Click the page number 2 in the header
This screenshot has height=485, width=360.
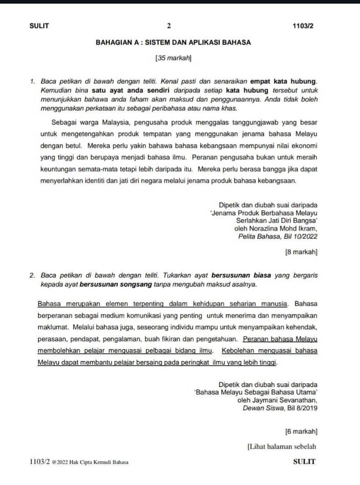point(168,26)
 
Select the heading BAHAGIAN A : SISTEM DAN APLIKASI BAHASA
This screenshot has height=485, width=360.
point(173,42)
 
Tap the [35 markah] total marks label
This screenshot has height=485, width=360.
point(173,58)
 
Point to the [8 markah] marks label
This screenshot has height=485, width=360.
point(301,251)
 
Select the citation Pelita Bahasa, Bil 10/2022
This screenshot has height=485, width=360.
point(278,236)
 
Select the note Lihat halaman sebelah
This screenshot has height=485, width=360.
point(282,446)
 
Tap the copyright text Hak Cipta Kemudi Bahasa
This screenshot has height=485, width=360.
point(101,462)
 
